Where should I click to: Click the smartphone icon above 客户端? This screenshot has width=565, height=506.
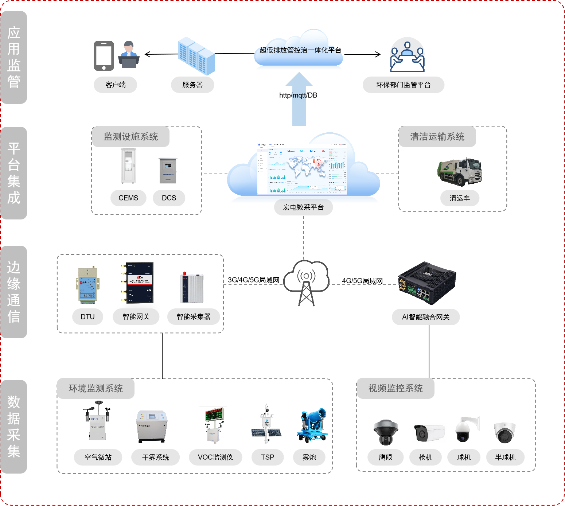[x=104, y=56]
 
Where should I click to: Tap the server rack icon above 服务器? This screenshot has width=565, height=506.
[x=196, y=56]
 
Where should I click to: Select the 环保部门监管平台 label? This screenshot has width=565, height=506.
[x=403, y=85]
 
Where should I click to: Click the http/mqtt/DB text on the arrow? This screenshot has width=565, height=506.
[x=298, y=96]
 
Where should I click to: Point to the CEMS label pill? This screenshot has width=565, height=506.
[x=128, y=198]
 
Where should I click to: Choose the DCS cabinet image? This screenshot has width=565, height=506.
[x=168, y=171]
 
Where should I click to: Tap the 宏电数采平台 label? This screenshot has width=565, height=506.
[x=303, y=207]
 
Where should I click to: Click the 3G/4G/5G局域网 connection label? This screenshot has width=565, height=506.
[x=254, y=280]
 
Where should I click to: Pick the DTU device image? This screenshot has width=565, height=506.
[x=87, y=285]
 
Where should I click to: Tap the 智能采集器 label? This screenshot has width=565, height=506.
[x=194, y=317]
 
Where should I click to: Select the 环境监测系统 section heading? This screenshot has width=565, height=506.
[x=96, y=389]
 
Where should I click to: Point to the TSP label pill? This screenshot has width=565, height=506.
[x=268, y=457]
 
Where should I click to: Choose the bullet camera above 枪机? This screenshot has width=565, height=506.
[x=429, y=433]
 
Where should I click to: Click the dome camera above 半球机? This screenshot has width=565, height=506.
[x=505, y=433]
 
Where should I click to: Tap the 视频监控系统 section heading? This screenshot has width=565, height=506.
[x=395, y=389]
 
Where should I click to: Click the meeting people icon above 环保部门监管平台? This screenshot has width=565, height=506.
[x=407, y=57]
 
